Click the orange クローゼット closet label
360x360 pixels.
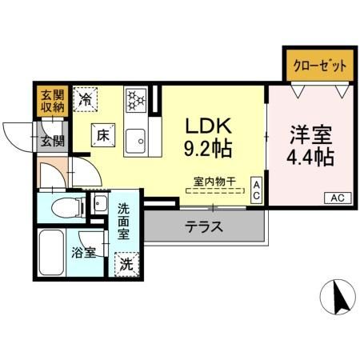[x=318, y=66]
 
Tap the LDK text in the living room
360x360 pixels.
[x=209, y=126]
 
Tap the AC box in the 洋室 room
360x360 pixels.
[x=336, y=197]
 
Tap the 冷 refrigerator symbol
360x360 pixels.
[x=86, y=100]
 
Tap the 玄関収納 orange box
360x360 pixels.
[x=50, y=101]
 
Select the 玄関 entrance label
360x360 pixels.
[x=53, y=141]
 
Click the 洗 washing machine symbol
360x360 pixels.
[x=126, y=262]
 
